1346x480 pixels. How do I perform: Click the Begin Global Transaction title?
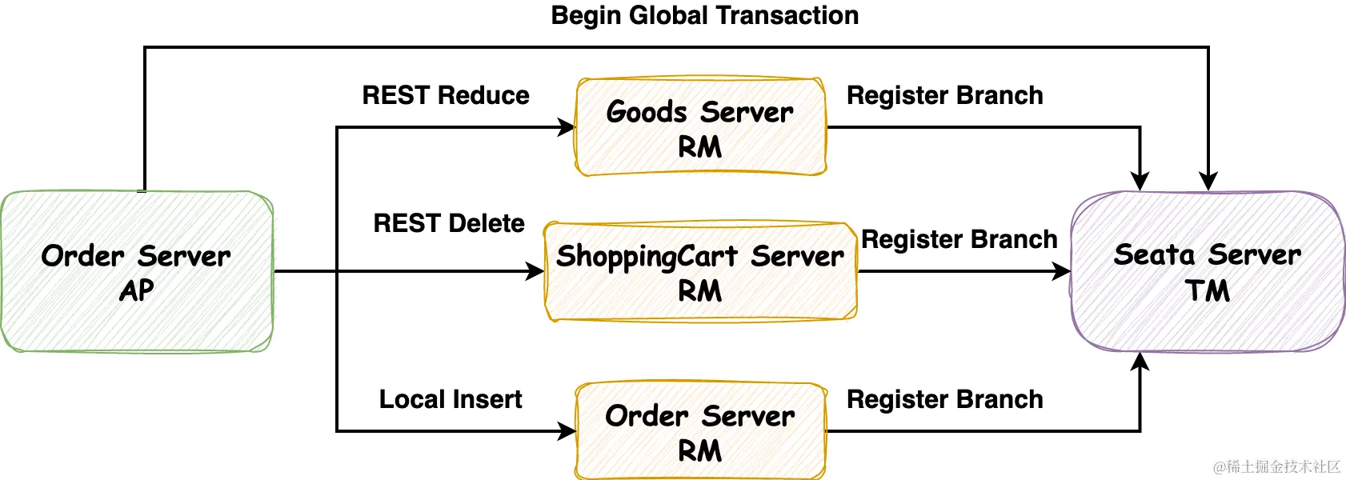pyautogui.click(x=704, y=15)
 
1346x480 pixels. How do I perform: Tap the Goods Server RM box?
pyautogui.click(x=700, y=127)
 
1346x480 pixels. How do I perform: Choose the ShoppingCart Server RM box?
pyautogui.click(x=700, y=271)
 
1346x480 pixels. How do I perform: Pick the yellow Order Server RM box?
pyautogui.click(x=700, y=431)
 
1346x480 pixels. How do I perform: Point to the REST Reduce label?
pyautogui.click(x=446, y=95)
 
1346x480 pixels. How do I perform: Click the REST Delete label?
pyautogui.click(x=449, y=223)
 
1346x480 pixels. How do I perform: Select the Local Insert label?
pyautogui.click(x=451, y=399)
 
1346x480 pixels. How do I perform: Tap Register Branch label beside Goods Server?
pyautogui.click(x=944, y=95)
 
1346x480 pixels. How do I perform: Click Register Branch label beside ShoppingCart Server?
pyautogui.click(x=959, y=239)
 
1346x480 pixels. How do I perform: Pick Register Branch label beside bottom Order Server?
pyautogui.click(x=944, y=399)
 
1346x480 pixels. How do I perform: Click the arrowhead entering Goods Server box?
pyautogui.click(x=567, y=127)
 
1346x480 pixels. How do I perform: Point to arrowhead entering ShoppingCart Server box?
pyautogui.click(x=535, y=271)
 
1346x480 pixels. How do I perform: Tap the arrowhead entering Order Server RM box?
pyautogui.click(x=567, y=431)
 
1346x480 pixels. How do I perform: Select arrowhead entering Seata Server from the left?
pyautogui.click(x=1062, y=271)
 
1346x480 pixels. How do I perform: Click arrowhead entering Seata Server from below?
pyautogui.click(x=1140, y=362)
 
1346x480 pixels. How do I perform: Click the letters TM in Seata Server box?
pyautogui.click(x=1208, y=290)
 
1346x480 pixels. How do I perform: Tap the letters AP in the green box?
pyautogui.click(x=136, y=290)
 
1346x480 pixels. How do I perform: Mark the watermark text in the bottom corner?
pyautogui.click(x=1276, y=466)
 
